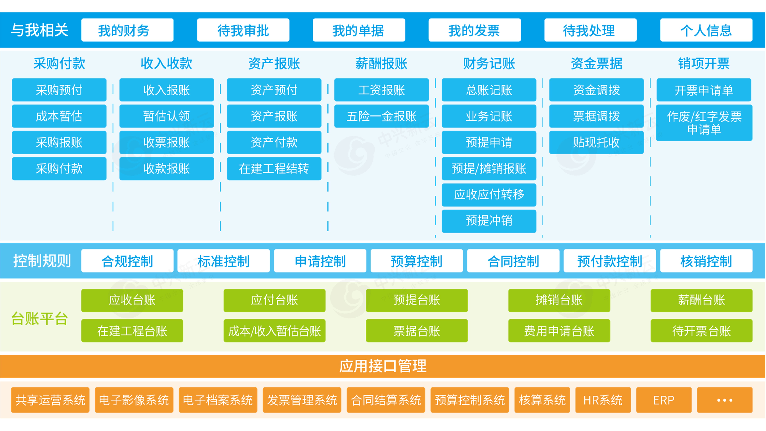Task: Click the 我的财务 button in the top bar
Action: tap(127, 30)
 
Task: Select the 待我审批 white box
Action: tap(243, 30)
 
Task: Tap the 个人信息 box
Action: tap(706, 30)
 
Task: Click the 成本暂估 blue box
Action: tap(59, 116)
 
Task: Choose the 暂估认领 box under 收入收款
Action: tap(167, 116)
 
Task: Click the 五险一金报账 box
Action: tap(381, 116)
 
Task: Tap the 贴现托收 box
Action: tap(596, 142)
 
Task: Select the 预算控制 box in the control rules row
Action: tap(417, 261)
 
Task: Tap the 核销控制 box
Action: tap(706, 261)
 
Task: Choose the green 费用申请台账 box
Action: tap(559, 331)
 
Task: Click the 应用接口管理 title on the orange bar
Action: tap(383, 366)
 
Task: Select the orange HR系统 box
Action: tap(603, 400)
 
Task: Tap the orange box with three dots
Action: tap(724, 400)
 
